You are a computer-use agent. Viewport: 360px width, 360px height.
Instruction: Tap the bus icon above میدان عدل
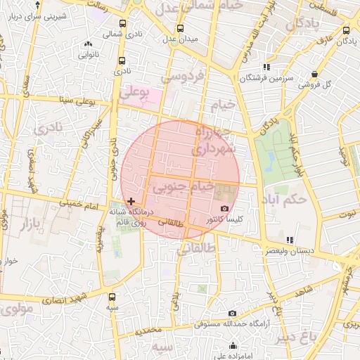pos(181,29)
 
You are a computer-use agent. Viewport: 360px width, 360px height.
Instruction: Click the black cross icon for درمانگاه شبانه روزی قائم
pos(131,202)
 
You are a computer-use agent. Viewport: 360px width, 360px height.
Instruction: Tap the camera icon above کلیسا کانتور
pos(225,209)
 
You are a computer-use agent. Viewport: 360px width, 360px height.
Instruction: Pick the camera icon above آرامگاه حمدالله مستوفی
pos(233,314)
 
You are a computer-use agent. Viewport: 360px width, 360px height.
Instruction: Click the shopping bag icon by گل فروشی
pos(314,74)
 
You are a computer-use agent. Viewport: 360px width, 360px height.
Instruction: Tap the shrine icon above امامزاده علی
pos(233,345)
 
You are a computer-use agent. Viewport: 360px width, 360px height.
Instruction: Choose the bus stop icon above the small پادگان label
pos(347,30)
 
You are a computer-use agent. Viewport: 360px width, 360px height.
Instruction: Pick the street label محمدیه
pos(149,330)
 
